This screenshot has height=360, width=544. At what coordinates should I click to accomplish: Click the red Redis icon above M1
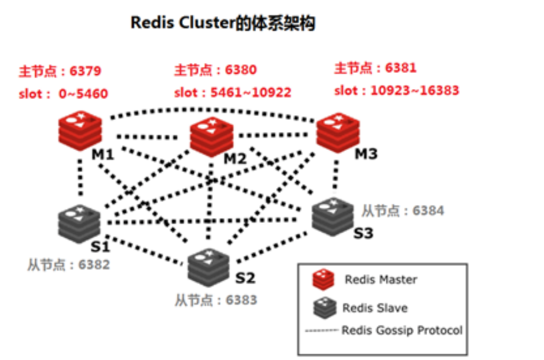pos(80,131)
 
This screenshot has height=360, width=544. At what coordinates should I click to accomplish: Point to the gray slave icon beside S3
pos(332,215)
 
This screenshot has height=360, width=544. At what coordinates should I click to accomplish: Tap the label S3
pos(364,233)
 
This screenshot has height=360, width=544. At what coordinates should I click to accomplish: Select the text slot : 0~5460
pos(63,94)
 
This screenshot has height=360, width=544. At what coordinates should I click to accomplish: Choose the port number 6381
pos(400,68)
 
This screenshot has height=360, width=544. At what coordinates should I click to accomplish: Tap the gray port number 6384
pos(428,210)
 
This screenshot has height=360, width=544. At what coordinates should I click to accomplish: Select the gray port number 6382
pos(94,265)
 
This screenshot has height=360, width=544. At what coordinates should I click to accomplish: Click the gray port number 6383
pos(241,300)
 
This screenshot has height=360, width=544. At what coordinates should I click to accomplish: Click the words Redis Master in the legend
pos(381,280)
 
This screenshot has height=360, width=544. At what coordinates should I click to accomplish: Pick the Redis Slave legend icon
pos(325,307)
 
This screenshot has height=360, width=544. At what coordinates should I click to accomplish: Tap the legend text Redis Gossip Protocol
pos(402,330)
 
